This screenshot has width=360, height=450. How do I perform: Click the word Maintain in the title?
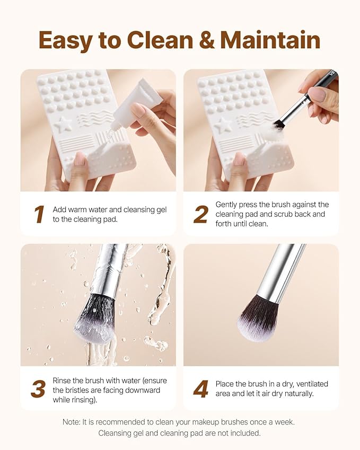click(x=270, y=40)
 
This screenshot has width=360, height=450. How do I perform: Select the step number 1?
click(x=39, y=215)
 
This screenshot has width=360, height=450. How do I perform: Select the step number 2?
click(x=200, y=215)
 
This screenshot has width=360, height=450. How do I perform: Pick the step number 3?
click(x=38, y=390)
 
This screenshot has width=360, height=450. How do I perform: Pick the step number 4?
click(x=200, y=390)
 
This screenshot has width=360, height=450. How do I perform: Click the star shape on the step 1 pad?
click(x=63, y=125)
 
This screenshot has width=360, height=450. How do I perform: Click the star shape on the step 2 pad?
click(x=223, y=125)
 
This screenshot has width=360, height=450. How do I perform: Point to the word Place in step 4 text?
click(x=225, y=384)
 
